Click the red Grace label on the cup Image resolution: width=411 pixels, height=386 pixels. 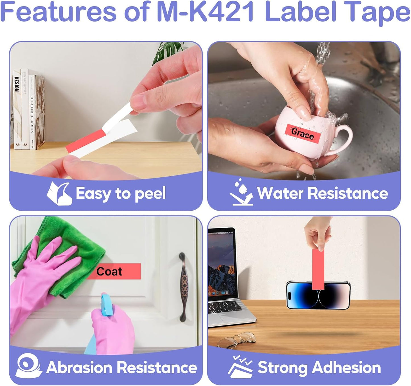(303, 133)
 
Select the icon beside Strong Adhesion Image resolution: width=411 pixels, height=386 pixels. (240, 367)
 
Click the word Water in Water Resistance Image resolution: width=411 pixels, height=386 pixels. (280, 193)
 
